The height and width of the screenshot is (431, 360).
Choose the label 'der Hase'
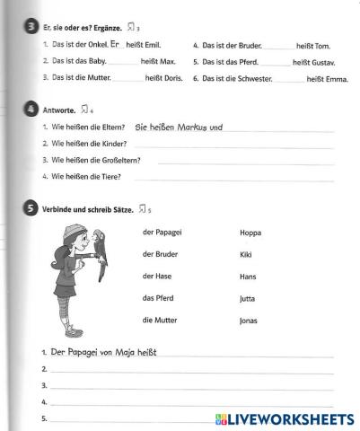click(x=156, y=276)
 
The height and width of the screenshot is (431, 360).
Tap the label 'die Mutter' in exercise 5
click(x=159, y=320)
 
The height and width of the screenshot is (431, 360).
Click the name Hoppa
click(x=250, y=233)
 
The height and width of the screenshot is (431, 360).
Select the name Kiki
click(x=247, y=254)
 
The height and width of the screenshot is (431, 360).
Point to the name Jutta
click(x=248, y=298)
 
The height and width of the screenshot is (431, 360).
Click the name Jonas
click(x=249, y=321)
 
